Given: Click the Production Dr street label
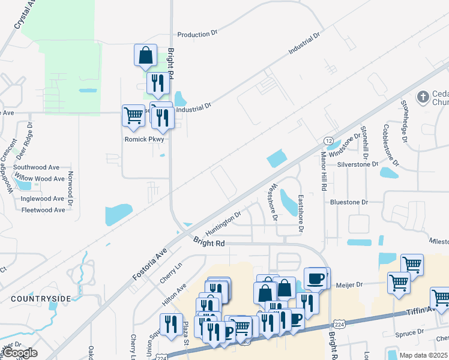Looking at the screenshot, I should [196, 34].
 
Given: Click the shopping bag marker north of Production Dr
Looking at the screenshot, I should [145, 55].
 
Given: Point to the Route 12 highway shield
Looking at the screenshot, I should [328, 140].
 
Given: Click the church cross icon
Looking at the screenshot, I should [423, 97].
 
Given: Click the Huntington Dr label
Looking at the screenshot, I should [223, 223].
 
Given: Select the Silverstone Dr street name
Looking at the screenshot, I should [358, 164].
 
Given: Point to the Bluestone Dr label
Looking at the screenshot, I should [349, 202].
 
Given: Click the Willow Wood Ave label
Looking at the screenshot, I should [40, 179].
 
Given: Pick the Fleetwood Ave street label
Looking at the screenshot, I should [43, 210].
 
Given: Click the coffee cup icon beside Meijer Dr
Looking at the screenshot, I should [316, 278].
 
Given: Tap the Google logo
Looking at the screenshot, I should [20, 353].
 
